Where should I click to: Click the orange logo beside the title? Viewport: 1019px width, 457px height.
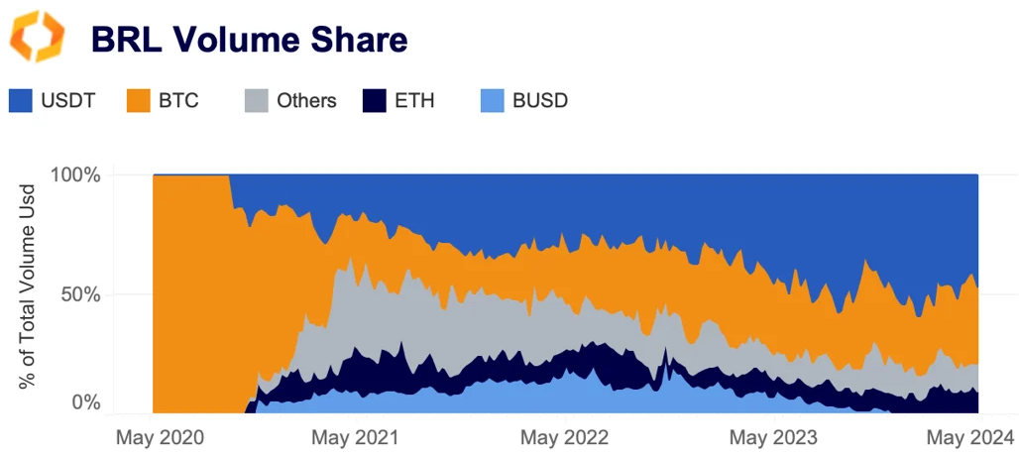[x=37, y=39]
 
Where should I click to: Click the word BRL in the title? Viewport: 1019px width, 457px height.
[x=127, y=40]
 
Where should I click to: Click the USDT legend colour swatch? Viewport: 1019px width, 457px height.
[x=22, y=100]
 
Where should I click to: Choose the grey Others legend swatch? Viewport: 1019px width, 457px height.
[x=256, y=100]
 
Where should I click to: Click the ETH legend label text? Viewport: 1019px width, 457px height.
[x=414, y=100]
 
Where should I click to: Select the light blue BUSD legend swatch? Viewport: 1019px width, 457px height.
[x=492, y=100]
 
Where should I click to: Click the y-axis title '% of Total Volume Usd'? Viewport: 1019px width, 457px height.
[x=29, y=286]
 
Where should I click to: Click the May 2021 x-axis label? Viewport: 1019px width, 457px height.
[x=355, y=437]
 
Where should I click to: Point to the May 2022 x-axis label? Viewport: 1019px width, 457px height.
[x=565, y=437]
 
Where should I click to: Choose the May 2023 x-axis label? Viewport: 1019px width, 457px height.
[x=773, y=437]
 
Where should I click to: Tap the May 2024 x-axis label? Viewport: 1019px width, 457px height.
[x=970, y=437]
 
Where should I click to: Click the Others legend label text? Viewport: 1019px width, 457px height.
[x=306, y=100]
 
